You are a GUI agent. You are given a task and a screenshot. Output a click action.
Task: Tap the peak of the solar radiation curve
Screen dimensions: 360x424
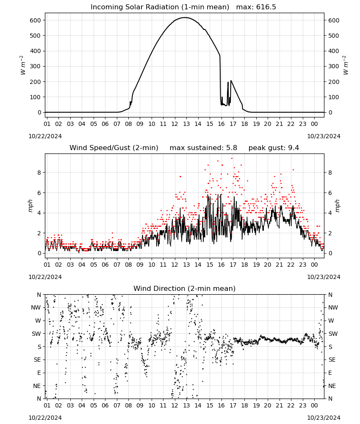tap(185, 17)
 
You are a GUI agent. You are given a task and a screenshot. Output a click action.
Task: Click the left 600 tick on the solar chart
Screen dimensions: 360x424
tap(36, 20)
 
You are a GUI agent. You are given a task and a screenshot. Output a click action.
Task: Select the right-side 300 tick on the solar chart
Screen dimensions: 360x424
tap(334, 66)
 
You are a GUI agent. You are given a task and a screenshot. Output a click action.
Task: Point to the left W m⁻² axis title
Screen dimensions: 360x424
tap(23, 65)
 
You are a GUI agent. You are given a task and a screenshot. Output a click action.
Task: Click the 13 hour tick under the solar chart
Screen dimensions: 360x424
tap(186, 124)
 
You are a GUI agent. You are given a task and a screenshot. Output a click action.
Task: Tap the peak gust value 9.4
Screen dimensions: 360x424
tap(294, 148)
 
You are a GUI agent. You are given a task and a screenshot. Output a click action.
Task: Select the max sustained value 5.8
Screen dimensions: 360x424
tap(232, 148)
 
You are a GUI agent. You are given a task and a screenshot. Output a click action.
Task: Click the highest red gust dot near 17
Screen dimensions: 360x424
tap(232, 159)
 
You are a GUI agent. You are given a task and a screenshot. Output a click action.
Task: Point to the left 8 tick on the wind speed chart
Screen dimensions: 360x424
tap(39, 173)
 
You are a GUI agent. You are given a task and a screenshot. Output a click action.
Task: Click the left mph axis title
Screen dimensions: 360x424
tap(30, 206)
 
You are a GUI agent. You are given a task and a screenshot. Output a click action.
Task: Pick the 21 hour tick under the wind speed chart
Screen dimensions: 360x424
tap(279, 265)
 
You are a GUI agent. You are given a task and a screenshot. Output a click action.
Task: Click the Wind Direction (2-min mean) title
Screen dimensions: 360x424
tap(185, 289)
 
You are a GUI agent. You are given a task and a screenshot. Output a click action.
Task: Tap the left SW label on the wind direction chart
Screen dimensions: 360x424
tap(36, 334)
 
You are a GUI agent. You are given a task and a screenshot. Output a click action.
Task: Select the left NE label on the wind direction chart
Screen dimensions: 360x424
tap(37, 386)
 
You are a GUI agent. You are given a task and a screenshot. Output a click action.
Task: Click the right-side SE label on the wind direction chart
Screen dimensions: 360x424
tap(332, 360)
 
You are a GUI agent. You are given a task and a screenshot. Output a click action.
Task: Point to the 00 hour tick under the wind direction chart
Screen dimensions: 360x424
tap(314, 406)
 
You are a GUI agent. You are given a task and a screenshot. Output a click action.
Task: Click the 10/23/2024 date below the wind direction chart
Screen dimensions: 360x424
tap(324, 418)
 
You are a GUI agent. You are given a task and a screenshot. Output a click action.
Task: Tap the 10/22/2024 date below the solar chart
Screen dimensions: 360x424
tap(45, 136)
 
